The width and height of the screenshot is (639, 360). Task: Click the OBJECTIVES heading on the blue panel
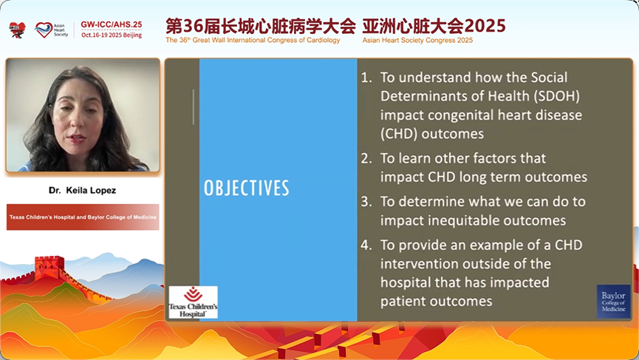tap(247, 188)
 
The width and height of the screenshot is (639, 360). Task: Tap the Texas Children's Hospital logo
tap(193, 302)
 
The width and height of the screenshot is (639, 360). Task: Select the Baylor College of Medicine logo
tap(613, 302)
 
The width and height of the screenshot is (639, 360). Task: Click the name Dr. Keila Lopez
tap(82, 191)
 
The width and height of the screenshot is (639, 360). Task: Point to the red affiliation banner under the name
tap(83, 217)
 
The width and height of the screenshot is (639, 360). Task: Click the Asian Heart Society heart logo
tap(44, 30)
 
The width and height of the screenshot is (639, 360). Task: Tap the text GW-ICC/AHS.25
tap(112, 24)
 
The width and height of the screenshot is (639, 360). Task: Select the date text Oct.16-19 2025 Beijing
tap(112, 35)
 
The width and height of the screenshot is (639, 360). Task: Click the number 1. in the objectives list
tap(366, 78)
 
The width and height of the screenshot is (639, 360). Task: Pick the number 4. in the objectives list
tap(366, 245)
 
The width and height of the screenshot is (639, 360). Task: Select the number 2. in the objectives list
tap(366, 158)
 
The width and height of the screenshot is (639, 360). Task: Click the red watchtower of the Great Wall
tap(49, 267)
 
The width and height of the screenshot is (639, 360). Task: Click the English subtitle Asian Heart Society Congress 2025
tap(417, 40)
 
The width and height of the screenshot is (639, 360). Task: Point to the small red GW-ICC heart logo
tap(17, 30)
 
